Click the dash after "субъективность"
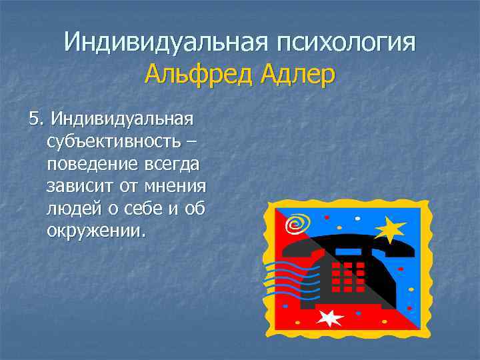192,142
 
